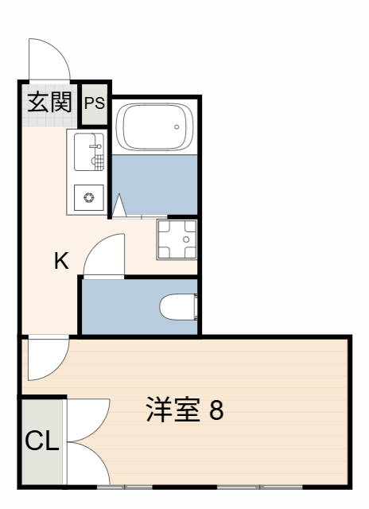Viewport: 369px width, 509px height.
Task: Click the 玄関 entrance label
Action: (49, 102)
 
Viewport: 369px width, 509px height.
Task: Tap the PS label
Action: (95, 103)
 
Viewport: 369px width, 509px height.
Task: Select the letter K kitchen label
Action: (61, 260)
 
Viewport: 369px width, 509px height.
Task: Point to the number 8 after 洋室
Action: (216, 410)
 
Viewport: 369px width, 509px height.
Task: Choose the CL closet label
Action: (41, 441)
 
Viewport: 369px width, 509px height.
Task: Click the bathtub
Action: (154, 127)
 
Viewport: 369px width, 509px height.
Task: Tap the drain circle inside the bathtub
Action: (177, 126)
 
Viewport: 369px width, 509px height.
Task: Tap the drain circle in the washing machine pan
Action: (187, 238)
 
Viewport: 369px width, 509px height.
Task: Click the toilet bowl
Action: (176, 306)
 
